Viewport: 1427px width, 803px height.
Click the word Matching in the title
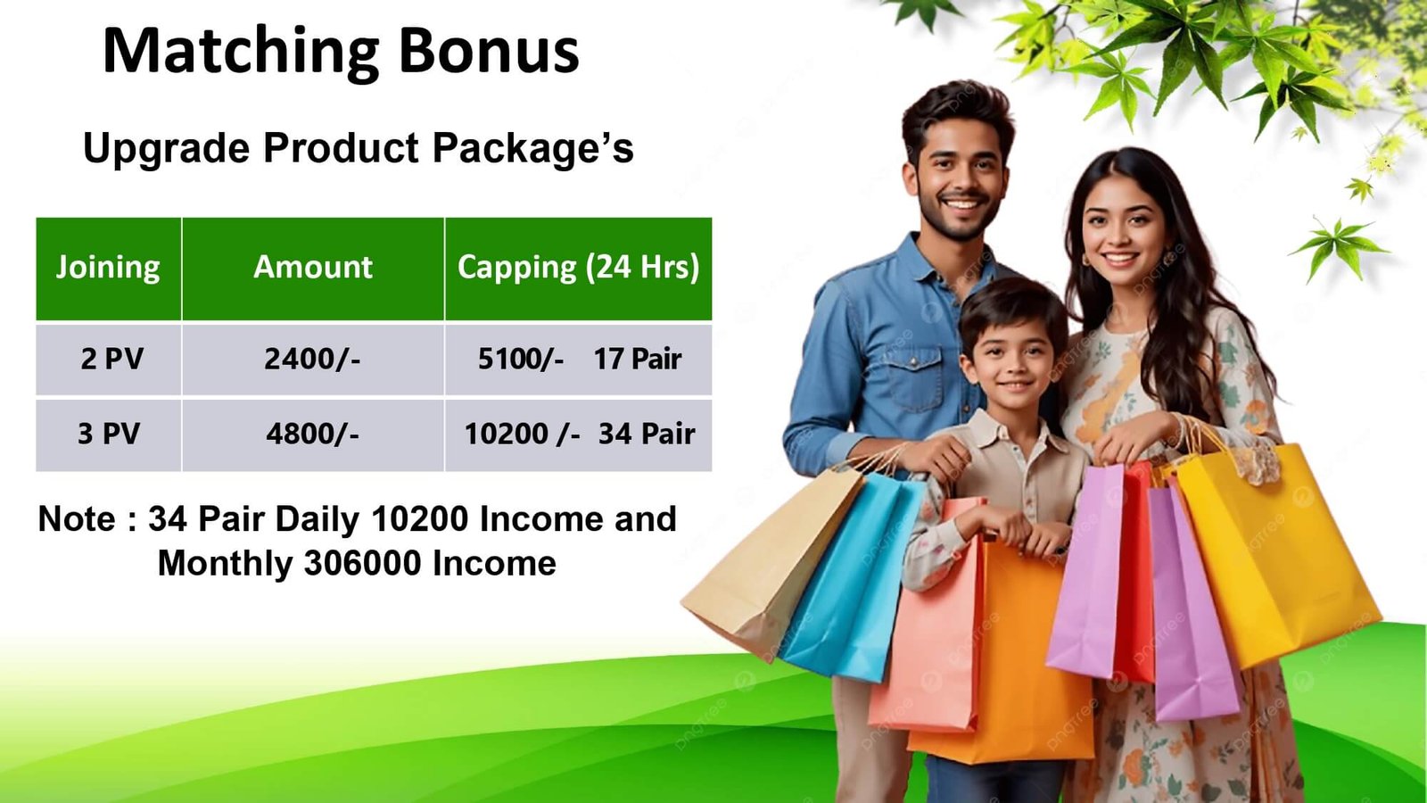point(241,54)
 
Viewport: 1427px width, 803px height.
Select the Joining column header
point(108,267)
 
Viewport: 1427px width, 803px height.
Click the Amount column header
point(313,267)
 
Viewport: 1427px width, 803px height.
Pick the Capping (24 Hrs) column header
point(578,267)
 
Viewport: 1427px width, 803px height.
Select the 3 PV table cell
point(109,434)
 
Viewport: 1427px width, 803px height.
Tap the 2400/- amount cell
point(312,360)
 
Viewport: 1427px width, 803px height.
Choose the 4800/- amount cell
point(312,434)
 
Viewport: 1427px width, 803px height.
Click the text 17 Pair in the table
point(638,360)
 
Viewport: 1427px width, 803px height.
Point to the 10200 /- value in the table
point(523,434)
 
